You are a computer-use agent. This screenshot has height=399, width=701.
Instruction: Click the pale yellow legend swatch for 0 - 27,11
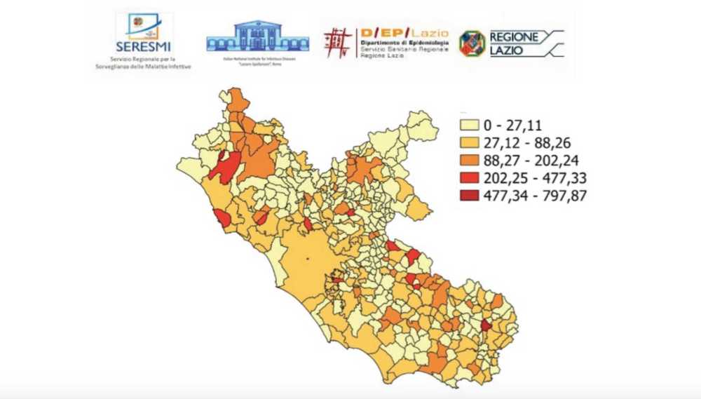tap(469, 126)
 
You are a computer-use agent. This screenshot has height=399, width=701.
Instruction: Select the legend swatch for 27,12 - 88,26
tap(469, 143)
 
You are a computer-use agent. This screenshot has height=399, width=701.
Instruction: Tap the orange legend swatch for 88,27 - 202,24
tap(469, 161)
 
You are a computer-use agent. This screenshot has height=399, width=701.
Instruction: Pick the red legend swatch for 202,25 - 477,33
tap(469, 178)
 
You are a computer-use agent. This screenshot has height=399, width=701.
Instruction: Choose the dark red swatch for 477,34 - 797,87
tap(469, 196)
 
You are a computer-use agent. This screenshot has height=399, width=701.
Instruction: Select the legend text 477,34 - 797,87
tap(534, 196)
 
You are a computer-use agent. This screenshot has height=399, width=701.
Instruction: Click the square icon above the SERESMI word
tap(143, 25)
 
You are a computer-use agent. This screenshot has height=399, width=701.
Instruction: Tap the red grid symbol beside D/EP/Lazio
tap(338, 42)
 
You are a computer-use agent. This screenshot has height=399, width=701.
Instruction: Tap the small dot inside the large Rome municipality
tap(307, 260)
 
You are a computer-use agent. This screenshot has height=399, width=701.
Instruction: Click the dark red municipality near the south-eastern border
tap(486, 325)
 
